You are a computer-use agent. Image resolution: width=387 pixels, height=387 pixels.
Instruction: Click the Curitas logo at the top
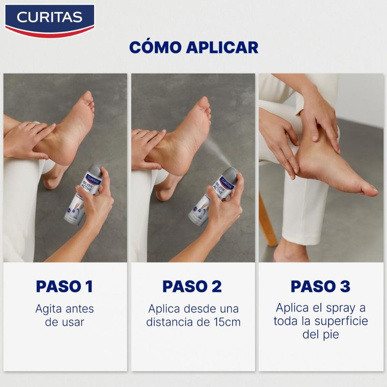pos(49,18)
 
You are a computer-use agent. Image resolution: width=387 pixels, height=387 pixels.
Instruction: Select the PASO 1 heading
pos(64,286)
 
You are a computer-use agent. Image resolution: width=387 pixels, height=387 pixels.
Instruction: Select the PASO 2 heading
pos(193,286)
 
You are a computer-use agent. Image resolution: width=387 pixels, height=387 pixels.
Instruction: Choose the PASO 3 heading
pos(321,286)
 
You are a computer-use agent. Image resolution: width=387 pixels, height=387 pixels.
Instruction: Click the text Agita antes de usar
pos(64,315)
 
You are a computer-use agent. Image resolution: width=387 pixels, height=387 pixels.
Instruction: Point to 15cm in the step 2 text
pos(227,322)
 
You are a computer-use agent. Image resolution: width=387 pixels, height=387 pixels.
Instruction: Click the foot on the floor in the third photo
pos(290,252)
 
